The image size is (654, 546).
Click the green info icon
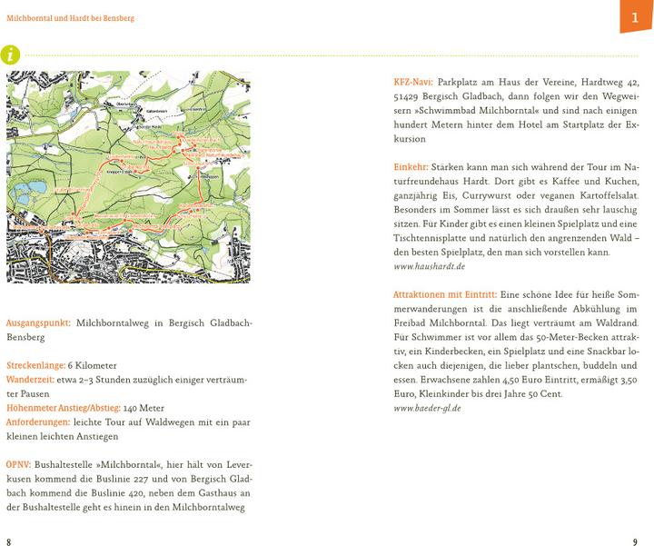click(10, 55)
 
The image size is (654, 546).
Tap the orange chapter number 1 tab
click(636, 17)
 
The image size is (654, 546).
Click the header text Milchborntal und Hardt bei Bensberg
click(70, 18)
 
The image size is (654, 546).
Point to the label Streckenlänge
click(35, 365)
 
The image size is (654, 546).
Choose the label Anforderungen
click(37, 422)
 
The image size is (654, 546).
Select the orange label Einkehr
click(410, 167)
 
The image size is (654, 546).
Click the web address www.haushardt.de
click(430, 266)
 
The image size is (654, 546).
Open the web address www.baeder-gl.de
click(427, 408)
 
